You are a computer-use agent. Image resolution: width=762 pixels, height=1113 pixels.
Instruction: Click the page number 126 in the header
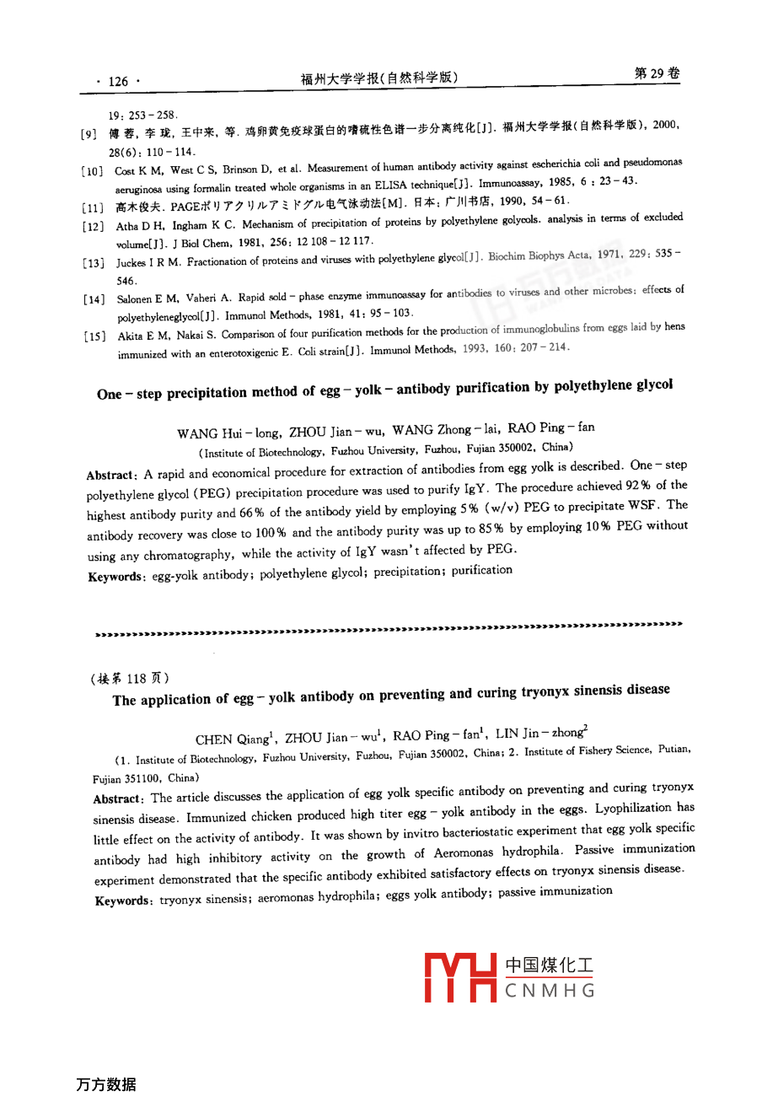118,81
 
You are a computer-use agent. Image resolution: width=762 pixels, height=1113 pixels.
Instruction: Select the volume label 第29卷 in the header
657,73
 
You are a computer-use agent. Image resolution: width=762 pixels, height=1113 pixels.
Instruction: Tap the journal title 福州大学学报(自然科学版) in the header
379,78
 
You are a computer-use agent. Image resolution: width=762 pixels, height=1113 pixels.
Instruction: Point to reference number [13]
94,263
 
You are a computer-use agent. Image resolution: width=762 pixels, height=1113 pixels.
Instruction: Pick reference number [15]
94,336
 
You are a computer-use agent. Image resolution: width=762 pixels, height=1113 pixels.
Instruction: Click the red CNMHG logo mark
460,977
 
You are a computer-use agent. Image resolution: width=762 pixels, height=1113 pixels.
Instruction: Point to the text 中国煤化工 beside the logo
549,965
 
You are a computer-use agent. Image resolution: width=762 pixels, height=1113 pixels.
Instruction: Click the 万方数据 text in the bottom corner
105,1084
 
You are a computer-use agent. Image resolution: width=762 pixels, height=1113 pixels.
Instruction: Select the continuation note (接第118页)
130,678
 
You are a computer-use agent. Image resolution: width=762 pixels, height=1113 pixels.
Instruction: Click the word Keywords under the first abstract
115,577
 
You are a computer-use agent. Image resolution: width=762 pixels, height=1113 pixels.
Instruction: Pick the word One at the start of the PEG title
110,394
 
